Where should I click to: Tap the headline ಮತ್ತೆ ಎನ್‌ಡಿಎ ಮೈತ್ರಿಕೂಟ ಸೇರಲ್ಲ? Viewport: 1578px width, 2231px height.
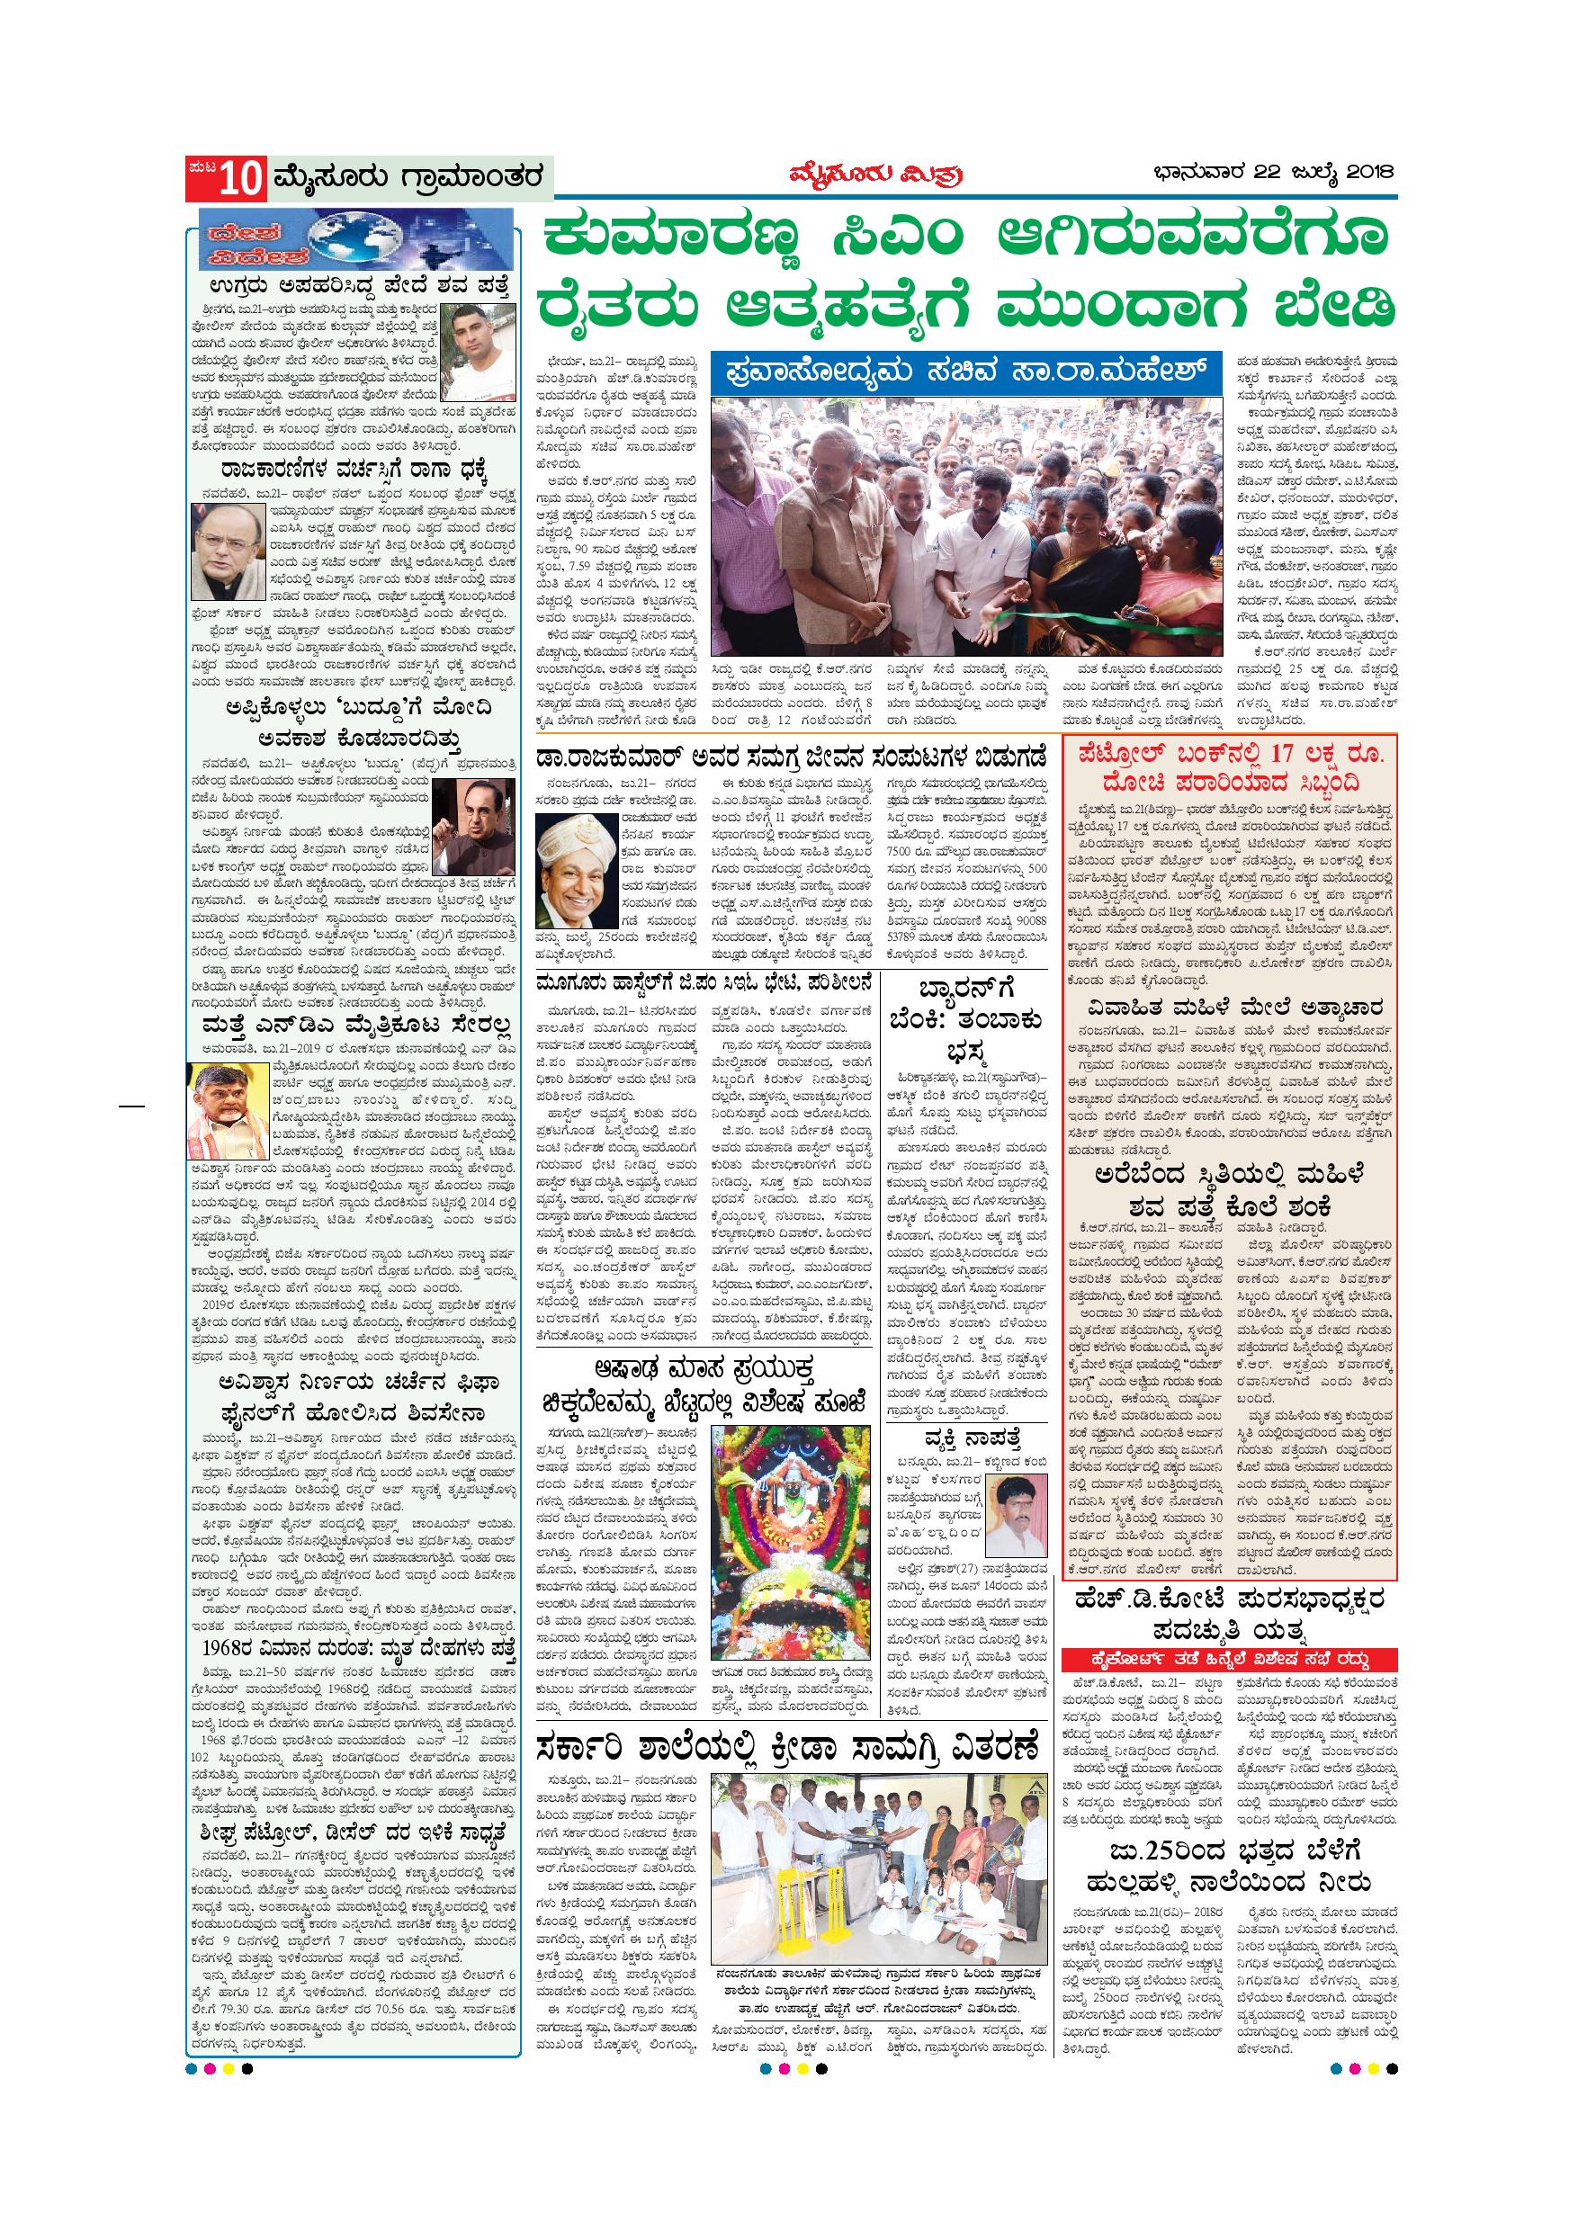pos(354,1027)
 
